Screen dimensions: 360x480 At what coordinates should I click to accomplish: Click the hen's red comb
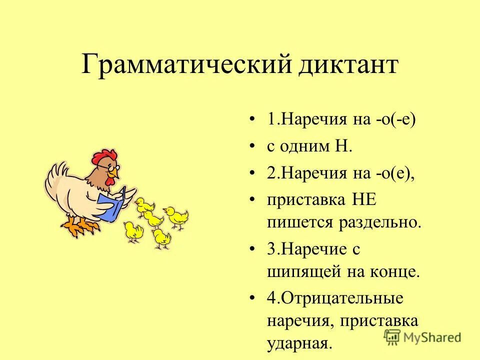pos(103,157)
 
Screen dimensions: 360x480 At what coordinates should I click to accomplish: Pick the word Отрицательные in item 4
pos(341,298)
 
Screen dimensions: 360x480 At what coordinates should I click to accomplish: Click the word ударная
pos(298,343)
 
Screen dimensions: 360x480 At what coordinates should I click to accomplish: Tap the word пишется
pos(294,222)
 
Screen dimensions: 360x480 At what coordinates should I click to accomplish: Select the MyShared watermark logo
pos(423,336)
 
